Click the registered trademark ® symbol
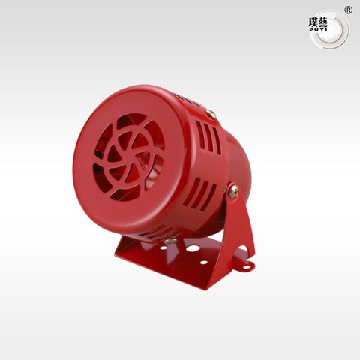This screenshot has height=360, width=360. [349, 10]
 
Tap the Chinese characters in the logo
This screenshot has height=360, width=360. [318, 23]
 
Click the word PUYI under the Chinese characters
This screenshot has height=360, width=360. [318, 30]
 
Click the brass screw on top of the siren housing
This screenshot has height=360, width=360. [211, 114]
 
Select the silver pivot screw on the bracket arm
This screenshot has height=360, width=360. [233, 191]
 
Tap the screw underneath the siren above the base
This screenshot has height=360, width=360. [170, 241]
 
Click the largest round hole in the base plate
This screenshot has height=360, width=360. [193, 248]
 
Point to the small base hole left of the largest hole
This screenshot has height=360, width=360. [163, 248]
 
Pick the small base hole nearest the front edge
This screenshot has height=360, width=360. [204, 262]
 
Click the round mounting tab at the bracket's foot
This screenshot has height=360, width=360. [247, 265]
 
